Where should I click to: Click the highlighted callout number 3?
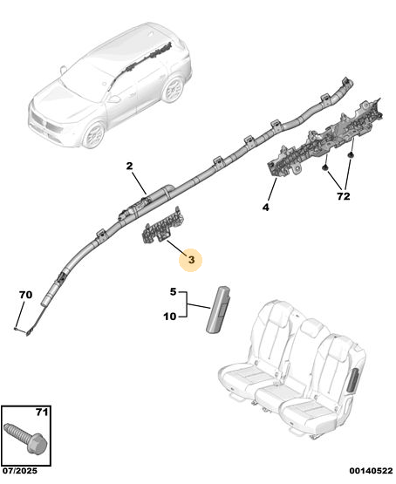pos(191,260)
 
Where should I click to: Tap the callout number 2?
pos(129,166)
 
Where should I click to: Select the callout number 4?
pos(266,208)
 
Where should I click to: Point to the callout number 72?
pos(343,196)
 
